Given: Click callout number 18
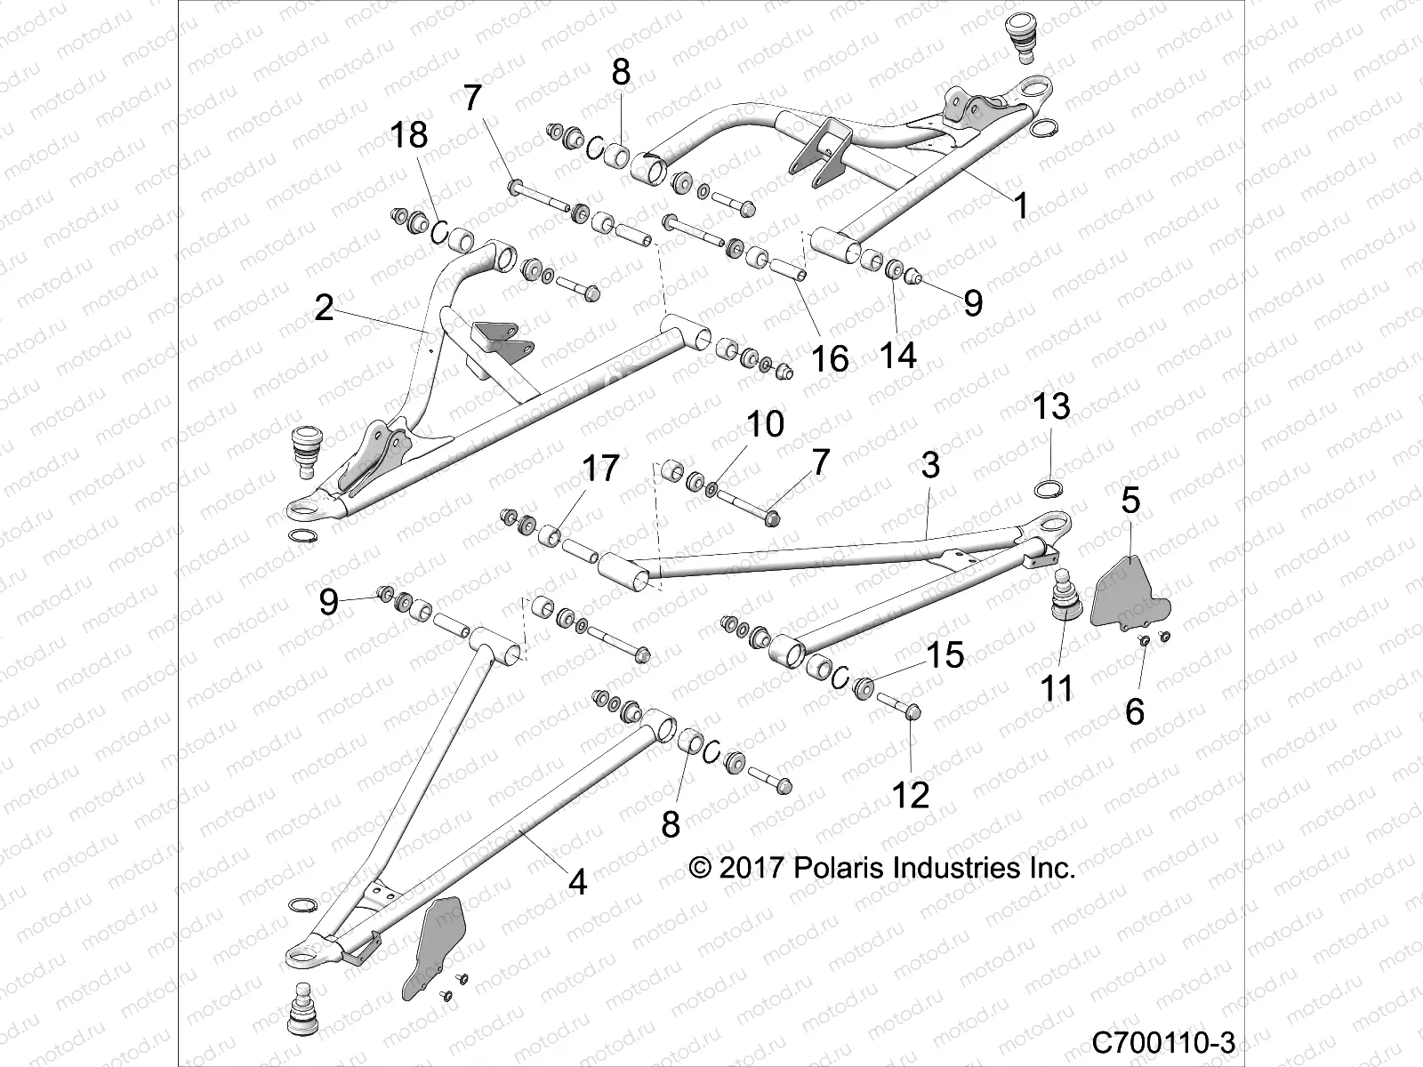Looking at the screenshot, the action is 409,135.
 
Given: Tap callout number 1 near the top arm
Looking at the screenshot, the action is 1021,206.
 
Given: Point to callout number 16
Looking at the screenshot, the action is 830,358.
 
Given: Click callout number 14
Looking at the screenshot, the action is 898,355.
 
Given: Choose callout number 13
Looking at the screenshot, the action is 1051,406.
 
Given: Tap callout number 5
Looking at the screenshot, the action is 1130,500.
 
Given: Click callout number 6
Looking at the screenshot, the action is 1135,711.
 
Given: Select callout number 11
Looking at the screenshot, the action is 1057,687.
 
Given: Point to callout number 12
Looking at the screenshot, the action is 911,795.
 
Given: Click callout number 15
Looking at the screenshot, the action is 945,655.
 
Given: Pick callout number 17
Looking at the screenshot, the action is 600,468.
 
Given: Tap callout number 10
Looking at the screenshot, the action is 765,424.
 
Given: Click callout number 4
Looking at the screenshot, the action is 577,882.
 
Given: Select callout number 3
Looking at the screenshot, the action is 930,464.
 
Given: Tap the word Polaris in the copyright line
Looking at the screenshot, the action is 839,868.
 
